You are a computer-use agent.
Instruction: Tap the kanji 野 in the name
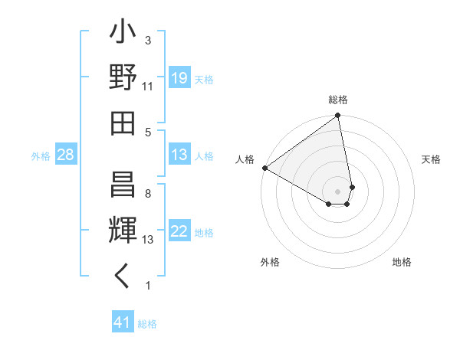(x=123, y=78)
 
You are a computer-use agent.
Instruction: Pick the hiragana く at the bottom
(x=123, y=277)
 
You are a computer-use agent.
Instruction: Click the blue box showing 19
(x=179, y=78)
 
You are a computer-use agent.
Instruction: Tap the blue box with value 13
(x=179, y=155)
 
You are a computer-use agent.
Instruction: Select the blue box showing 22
(x=179, y=232)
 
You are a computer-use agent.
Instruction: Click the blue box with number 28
(x=65, y=155)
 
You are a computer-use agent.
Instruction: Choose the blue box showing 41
(x=123, y=322)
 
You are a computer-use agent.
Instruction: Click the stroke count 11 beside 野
(x=147, y=86)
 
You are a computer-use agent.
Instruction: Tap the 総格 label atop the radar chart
(x=338, y=100)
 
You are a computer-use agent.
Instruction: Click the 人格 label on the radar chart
(x=245, y=159)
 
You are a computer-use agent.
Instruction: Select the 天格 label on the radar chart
(x=431, y=159)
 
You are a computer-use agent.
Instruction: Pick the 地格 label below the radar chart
(x=402, y=262)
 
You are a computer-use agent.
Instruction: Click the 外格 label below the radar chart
(x=269, y=262)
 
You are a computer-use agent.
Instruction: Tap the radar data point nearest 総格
(x=337, y=116)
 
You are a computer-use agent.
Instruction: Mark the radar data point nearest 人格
(x=264, y=168)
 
